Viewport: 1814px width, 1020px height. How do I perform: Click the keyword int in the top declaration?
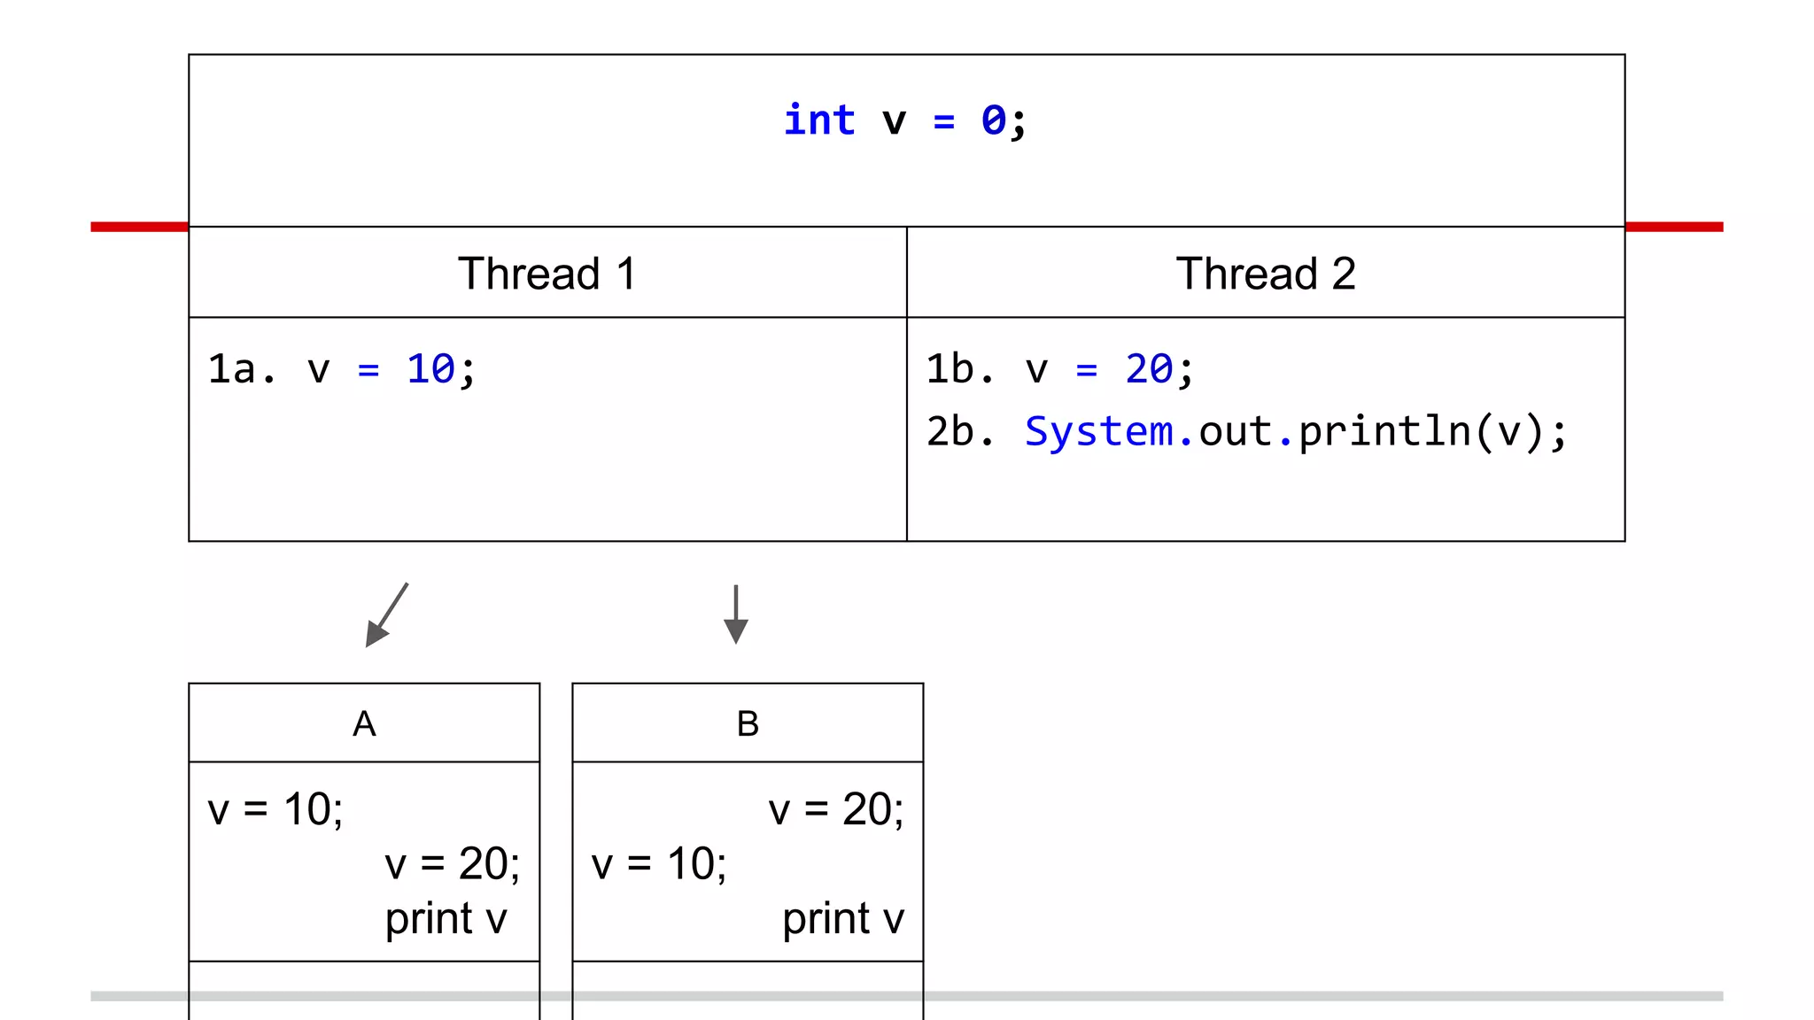tap(819, 120)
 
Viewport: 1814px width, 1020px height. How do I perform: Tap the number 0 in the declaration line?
tap(993, 120)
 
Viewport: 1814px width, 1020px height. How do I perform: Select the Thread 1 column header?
tap(547, 274)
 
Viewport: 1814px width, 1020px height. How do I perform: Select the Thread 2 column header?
tap(1265, 274)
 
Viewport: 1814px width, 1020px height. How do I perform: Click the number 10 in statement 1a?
tap(430, 369)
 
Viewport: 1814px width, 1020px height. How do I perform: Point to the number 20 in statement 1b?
tap(1149, 369)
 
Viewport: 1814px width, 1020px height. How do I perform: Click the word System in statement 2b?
tap(1098, 432)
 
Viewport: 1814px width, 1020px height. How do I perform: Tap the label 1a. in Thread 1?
tap(240, 369)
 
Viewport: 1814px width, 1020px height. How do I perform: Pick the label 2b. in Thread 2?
tap(960, 432)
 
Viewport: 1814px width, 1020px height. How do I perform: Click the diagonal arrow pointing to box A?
tap(387, 614)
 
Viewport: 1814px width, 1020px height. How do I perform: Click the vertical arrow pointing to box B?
tap(735, 614)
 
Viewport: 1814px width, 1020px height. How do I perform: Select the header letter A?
tap(364, 724)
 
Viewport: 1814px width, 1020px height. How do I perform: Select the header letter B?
tap(748, 724)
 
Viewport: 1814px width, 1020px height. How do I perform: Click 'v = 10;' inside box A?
tap(275, 809)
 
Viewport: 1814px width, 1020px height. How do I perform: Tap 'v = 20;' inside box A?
tap(452, 864)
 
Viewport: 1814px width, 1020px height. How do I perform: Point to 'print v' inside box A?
tap(446, 919)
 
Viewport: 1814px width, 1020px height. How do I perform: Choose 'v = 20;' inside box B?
tap(835, 809)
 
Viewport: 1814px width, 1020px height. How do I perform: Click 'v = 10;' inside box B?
tap(659, 864)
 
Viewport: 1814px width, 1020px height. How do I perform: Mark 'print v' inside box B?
tap(842, 919)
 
